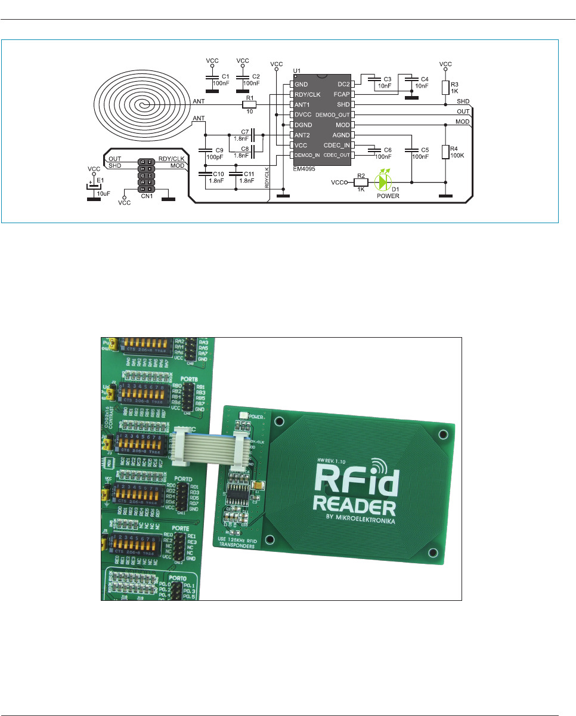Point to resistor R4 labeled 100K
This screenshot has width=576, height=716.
point(445,152)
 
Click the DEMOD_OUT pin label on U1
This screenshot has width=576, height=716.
point(333,114)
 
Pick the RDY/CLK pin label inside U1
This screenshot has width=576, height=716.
point(308,94)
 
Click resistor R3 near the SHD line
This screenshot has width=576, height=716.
point(445,88)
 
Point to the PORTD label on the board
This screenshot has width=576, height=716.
point(184,478)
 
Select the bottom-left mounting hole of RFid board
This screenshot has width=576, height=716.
point(270,540)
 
